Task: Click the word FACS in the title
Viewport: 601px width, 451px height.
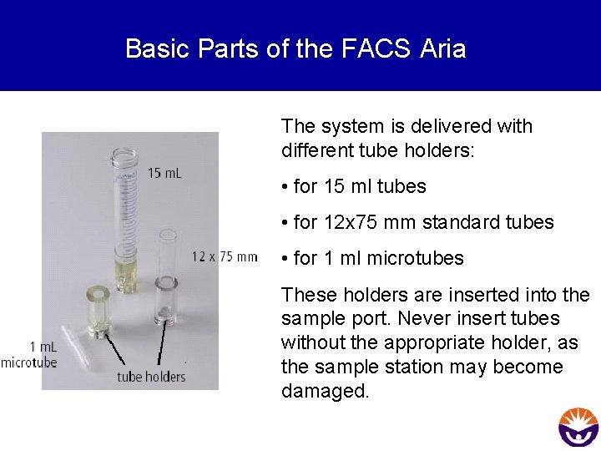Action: click(376, 48)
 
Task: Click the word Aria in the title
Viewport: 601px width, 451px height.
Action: click(443, 48)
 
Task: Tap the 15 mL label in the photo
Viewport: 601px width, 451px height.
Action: click(164, 173)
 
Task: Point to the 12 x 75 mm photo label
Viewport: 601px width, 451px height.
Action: click(225, 256)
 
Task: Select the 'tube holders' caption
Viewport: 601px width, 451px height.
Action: click(150, 377)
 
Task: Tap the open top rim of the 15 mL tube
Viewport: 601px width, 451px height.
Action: click(124, 155)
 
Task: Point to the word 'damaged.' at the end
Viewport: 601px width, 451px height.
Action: click(325, 391)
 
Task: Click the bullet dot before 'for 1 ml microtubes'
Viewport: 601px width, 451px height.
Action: click(285, 259)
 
